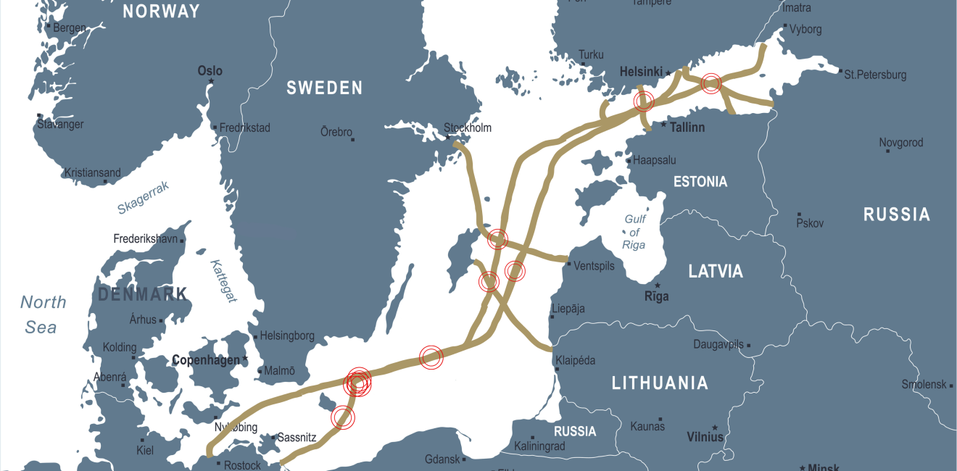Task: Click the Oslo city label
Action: [210, 71]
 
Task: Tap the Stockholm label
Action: [468, 128]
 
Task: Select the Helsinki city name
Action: [641, 72]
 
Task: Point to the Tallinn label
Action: [687, 128]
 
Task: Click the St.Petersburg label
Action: [875, 75]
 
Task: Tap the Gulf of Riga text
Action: [634, 232]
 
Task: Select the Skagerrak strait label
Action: [144, 198]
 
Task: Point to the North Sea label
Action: [43, 314]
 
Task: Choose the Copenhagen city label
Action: [205, 360]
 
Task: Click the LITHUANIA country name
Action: [660, 383]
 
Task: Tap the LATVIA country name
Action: [716, 272]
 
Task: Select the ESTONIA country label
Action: [700, 182]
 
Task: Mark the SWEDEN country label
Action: [324, 88]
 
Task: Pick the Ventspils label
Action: [594, 266]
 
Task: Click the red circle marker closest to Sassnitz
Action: [343, 417]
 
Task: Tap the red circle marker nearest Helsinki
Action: [644, 101]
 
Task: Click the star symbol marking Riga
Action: [658, 285]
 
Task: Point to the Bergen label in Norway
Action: [70, 28]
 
